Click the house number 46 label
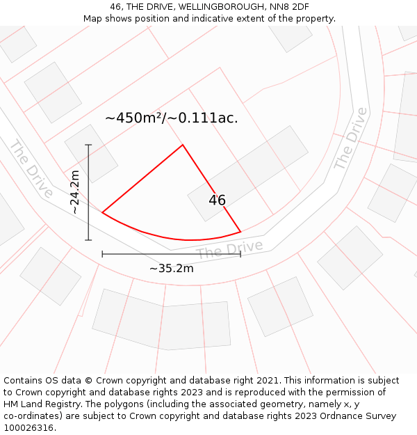click(217, 200)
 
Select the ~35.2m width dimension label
click(171, 268)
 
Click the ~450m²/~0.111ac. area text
click(171, 118)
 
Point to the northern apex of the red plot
click(183, 145)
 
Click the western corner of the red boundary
click(102, 212)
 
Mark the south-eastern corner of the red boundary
click(240, 231)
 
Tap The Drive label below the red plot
click(229, 248)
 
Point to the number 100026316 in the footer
click(28, 428)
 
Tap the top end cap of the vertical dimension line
click(88, 145)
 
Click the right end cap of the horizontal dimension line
click(240, 254)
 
